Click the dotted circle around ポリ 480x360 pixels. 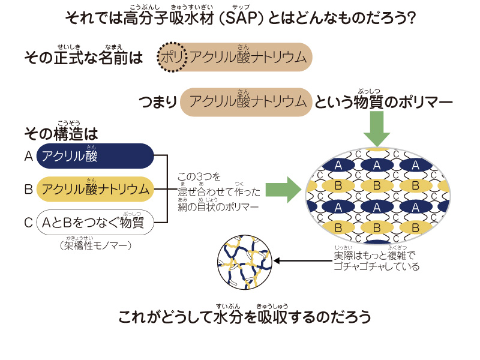(174, 58)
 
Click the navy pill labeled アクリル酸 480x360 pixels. (96, 157)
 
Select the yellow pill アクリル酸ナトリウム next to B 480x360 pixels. (96, 190)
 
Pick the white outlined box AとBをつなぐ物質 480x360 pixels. (96, 223)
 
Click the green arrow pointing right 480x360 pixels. (283, 190)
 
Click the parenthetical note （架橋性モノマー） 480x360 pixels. (96, 246)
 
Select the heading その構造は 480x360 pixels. (61, 133)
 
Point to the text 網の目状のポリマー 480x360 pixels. (218, 207)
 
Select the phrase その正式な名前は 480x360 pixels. (84, 58)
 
